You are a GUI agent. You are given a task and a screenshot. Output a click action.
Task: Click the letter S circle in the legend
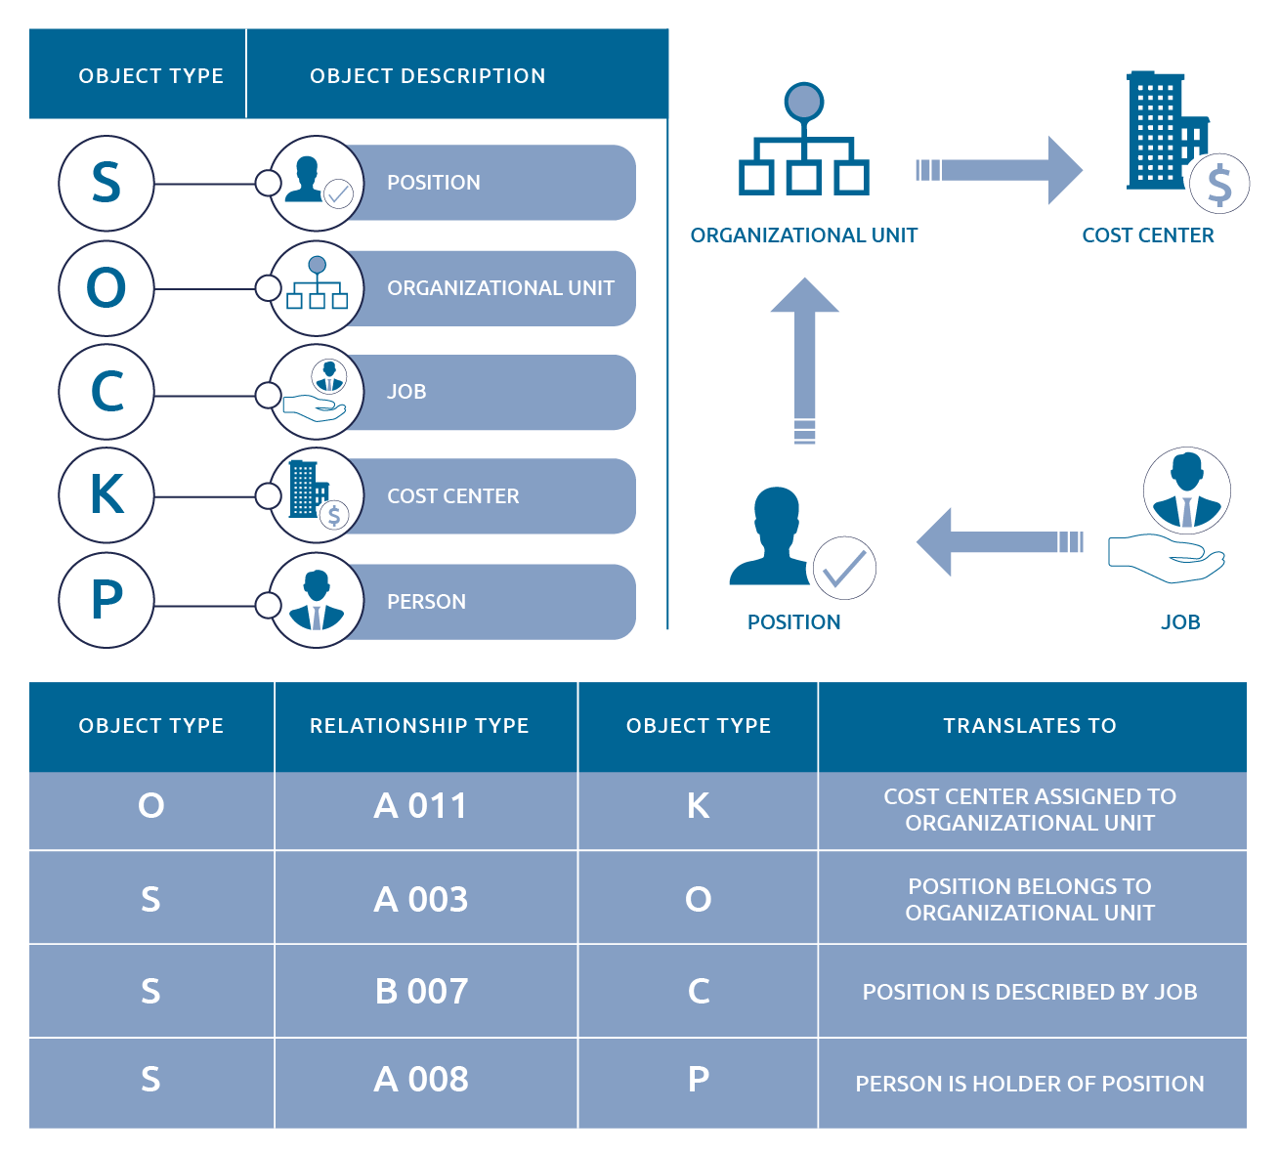(106, 184)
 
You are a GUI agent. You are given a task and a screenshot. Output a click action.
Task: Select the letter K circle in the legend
(106, 494)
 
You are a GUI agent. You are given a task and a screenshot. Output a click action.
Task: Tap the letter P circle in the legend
(106, 600)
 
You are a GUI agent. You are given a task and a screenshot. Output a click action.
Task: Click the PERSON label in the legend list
(426, 602)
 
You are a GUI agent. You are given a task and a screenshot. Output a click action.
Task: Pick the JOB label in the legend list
(406, 392)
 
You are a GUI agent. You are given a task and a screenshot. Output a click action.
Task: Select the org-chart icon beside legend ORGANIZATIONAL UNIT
(316, 286)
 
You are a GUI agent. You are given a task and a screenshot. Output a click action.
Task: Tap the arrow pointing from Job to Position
(999, 541)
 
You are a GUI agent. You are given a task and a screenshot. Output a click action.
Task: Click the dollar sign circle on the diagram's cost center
(1219, 184)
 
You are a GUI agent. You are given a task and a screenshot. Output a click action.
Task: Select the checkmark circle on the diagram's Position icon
(844, 568)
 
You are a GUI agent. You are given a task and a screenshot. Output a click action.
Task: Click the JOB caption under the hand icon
(1179, 622)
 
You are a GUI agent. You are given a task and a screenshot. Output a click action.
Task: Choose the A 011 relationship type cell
(421, 806)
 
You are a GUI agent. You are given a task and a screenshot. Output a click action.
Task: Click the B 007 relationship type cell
(421, 991)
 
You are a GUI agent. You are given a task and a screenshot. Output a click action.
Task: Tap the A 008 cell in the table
(421, 1080)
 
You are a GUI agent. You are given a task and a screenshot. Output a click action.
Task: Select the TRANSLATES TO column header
(1030, 726)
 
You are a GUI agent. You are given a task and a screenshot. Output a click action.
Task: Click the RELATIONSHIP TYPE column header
(419, 726)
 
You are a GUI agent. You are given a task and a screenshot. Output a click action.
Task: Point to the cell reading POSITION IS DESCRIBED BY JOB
(1030, 992)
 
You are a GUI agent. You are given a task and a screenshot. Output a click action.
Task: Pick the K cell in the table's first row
(698, 806)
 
